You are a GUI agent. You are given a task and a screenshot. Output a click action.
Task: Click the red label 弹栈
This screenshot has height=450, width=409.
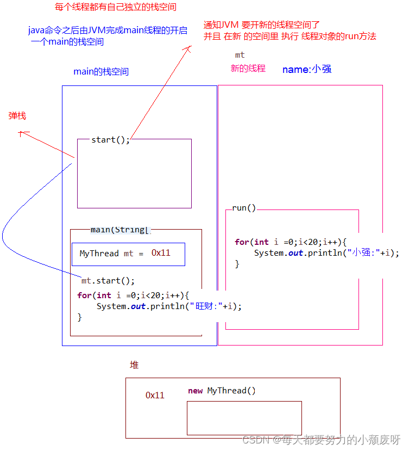coord(17,116)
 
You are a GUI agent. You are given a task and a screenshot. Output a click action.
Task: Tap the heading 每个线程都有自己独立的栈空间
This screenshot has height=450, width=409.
coord(116,8)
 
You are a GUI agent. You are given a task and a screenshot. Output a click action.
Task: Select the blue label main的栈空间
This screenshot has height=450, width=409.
coord(101,72)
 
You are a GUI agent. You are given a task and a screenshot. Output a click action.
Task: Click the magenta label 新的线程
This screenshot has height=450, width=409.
coord(248,69)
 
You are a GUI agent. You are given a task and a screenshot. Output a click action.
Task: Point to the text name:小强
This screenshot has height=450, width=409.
coord(306,69)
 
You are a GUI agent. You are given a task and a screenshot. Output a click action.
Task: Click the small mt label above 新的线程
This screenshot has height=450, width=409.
coord(240,55)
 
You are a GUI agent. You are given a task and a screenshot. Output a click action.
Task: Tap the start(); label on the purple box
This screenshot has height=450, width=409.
coord(111,140)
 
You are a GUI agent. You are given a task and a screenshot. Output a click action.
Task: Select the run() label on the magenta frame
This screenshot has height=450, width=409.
coord(244,208)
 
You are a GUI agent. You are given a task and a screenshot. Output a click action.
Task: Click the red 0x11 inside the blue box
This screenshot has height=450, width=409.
coord(161,253)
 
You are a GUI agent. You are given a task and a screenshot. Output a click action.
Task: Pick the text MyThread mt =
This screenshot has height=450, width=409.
coord(112,254)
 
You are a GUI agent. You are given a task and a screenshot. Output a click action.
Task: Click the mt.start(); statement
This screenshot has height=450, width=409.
coord(108,281)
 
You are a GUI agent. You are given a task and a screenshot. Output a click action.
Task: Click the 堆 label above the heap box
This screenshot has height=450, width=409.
coord(134,365)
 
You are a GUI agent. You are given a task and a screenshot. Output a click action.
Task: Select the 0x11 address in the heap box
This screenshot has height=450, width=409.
coord(155,396)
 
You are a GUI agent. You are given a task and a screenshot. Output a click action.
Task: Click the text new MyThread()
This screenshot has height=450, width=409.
coord(222,391)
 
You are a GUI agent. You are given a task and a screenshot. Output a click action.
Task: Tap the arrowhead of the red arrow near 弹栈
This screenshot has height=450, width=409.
coord(21,133)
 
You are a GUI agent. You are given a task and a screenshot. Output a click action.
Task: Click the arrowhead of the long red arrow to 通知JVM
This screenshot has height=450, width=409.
coord(189,48)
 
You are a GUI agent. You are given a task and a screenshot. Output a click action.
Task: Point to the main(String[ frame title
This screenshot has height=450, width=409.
coord(119,230)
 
